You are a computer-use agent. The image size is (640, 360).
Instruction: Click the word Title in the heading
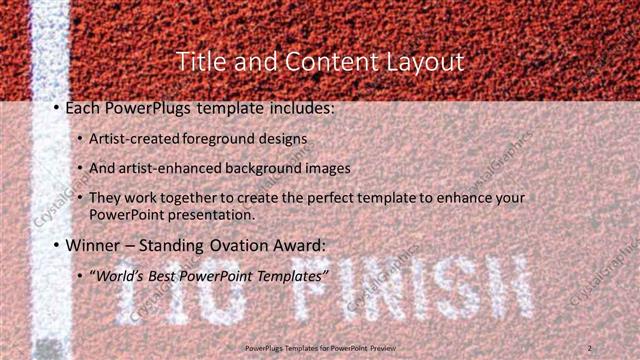199,61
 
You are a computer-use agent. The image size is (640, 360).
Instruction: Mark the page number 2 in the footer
590,347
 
